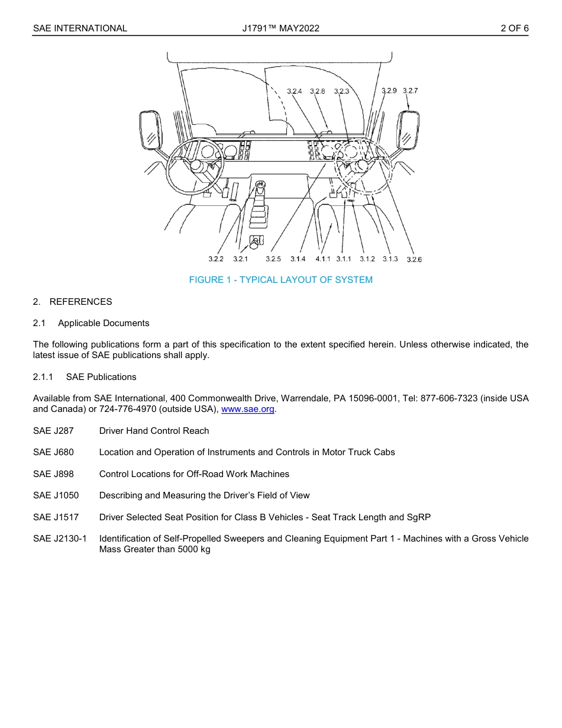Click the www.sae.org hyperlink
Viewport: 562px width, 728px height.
pos(248,410)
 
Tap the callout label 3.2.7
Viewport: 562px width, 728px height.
pos(410,91)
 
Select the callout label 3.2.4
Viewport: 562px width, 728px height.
pos(294,91)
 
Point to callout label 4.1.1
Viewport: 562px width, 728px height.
pos(323,259)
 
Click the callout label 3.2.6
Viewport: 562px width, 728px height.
pos(414,260)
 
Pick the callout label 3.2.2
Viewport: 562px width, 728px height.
pos(216,259)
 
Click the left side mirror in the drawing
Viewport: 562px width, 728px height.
pos(150,131)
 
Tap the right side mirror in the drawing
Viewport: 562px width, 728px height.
pos(408,131)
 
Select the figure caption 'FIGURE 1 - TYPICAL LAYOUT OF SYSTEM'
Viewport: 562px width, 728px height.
pos(280,280)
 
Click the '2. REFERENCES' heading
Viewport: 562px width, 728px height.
pos(72,302)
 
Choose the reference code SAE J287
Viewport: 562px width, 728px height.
pos(53,431)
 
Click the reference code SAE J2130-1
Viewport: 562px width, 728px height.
pos(60,539)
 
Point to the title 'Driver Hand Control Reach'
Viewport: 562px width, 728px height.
pos(154,431)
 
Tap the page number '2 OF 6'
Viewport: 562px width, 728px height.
pos(514,28)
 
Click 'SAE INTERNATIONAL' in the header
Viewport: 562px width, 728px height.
pos(80,28)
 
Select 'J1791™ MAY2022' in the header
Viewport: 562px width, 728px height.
pos(280,28)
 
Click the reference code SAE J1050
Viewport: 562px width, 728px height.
pos(56,495)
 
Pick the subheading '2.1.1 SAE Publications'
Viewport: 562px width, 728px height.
pos(85,377)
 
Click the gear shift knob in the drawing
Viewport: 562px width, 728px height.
pos(260,186)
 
